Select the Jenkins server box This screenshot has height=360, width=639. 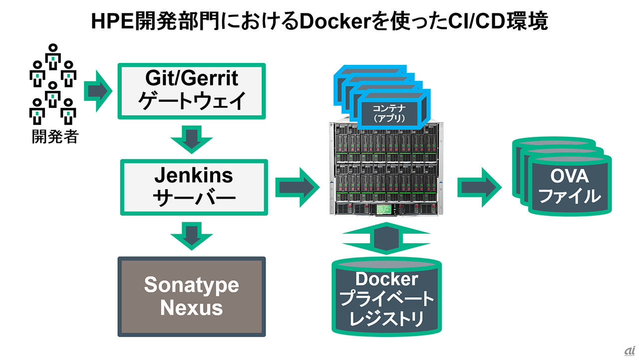(x=193, y=187)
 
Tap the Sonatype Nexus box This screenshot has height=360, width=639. (x=192, y=296)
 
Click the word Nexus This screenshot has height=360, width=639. (x=192, y=308)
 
